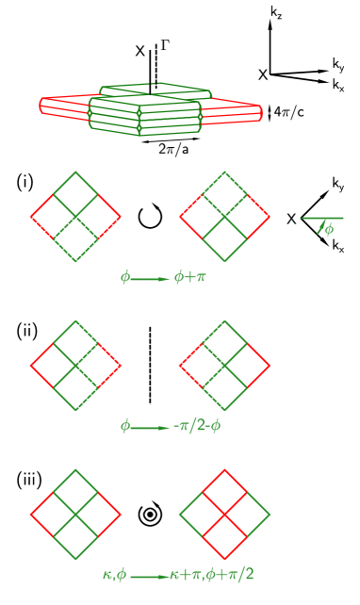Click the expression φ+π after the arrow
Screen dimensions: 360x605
tap(189, 277)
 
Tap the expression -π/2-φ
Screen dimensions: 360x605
tap(197, 426)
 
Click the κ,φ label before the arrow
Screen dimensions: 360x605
tap(114, 574)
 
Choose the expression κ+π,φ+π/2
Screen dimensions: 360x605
tap(212, 574)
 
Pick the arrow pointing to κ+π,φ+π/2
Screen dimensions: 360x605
tap(149, 576)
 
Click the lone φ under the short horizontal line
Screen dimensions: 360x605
tap(324, 229)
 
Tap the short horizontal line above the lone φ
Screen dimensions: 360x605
tap(322, 219)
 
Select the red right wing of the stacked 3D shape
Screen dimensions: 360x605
tap(234, 111)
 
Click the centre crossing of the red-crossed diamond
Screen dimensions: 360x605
tap(224, 515)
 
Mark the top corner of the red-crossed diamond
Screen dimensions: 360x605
tap(224, 469)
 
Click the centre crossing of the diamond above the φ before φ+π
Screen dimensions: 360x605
tap(76, 217)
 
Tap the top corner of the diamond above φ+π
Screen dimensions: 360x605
tap(224, 172)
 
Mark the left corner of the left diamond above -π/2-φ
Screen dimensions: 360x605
tap(31, 366)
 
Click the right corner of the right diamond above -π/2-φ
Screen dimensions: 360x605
tap(270, 366)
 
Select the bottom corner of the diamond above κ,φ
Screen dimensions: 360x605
tap(76, 560)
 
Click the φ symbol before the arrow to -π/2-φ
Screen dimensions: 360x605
tap(124, 426)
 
